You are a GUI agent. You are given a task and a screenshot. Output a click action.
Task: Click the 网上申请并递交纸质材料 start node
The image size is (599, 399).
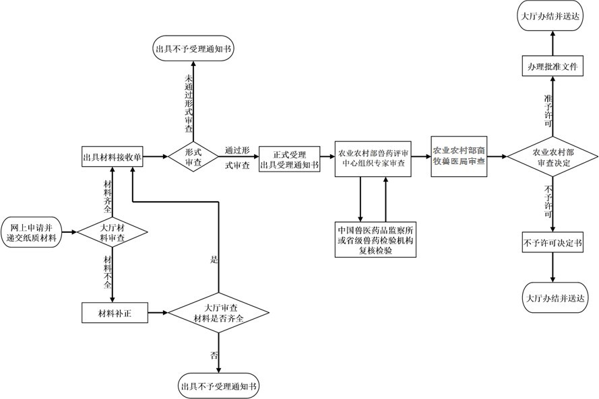[x=31, y=232]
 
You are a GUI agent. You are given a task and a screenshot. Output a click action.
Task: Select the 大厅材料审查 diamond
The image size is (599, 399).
[x=113, y=232]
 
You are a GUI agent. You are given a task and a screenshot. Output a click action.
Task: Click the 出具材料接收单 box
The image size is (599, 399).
[x=113, y=157]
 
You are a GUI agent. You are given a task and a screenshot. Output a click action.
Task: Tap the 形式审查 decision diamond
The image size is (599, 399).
[x=193, y=156]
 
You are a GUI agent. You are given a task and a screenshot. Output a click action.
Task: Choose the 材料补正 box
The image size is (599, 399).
[x=115, y=313]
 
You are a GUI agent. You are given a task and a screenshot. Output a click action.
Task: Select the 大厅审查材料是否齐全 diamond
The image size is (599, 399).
[x=219, y=313]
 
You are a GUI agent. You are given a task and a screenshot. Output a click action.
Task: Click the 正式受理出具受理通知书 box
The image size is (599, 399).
[x=290, y=159]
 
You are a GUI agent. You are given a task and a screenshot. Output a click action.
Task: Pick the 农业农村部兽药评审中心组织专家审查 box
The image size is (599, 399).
[x=373, y=159]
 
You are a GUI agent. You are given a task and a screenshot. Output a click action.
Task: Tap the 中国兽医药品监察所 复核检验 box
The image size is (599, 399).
[x=375, y=240]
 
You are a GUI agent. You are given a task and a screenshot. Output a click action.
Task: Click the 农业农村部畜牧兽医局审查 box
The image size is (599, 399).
[x=459, y=156]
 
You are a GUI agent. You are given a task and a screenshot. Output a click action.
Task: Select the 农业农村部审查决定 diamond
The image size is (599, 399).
[x=553, y=157]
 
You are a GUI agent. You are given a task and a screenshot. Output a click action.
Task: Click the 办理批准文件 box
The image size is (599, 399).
[x=553, y=66]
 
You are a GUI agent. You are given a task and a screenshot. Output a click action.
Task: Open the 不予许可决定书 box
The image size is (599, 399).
[x=553, y=243]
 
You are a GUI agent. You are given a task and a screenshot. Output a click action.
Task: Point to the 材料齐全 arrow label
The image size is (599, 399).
[x=108, y=196]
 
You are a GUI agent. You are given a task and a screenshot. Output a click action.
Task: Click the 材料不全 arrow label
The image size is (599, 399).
[x=108, y=272]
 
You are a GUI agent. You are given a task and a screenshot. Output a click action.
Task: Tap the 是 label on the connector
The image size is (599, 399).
[x=214, y=260]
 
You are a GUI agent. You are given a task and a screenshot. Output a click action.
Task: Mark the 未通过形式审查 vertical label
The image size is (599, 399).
[x=189, y=104]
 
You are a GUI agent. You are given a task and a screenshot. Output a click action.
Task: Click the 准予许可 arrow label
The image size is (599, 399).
[x=548, y=110]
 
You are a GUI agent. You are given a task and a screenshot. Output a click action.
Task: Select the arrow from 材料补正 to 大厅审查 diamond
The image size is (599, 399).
[x=158, y=313]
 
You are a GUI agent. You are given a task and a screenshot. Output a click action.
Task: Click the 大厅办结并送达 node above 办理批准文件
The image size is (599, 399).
[x=550, y=16]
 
